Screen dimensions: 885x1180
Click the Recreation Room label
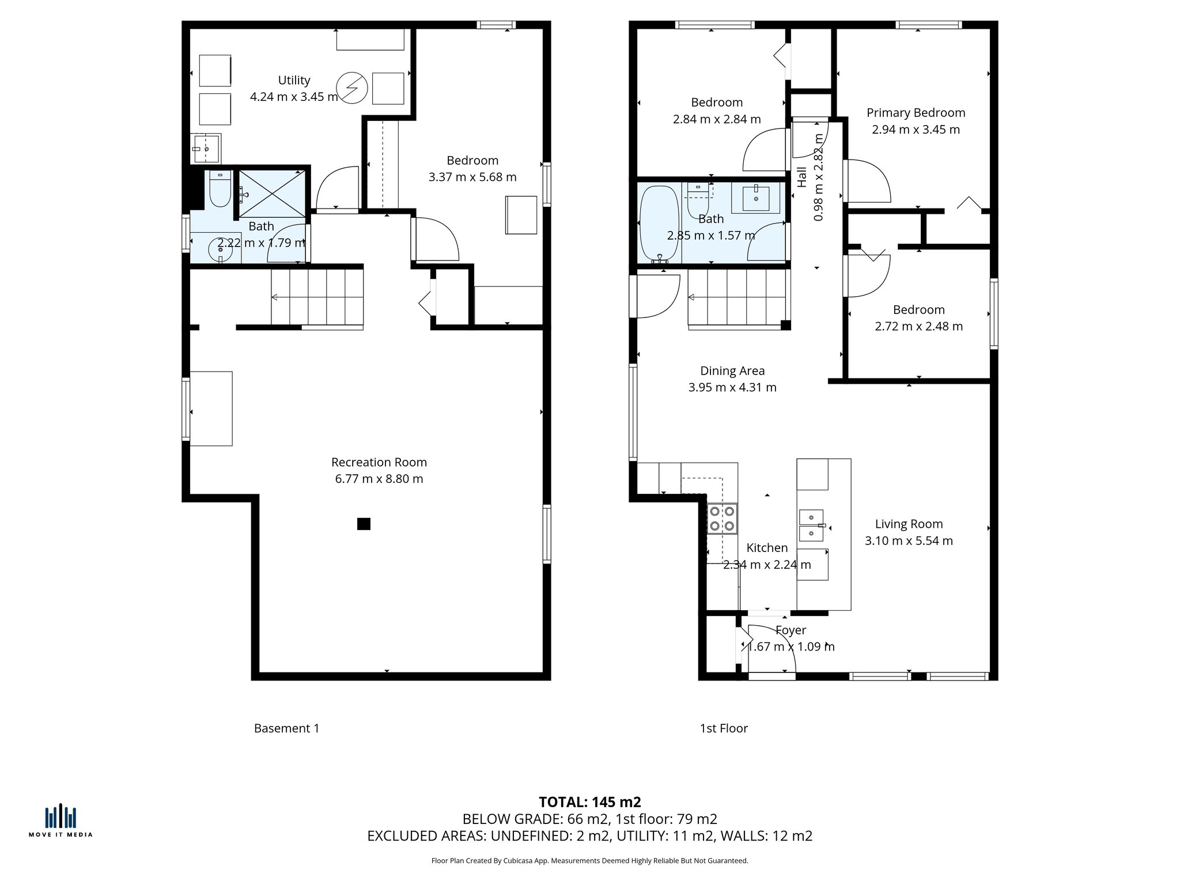[379, 462]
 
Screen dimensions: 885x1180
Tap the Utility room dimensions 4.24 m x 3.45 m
[294, 97]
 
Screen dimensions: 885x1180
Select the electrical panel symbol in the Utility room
[351, 88]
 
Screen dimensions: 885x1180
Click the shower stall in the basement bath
[272, 193]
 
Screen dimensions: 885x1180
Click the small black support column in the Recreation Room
[364, 524]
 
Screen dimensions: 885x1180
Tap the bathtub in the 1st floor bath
[660, 224]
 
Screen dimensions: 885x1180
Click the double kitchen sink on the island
[811, 525]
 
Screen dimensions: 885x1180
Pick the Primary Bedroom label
[916, 113]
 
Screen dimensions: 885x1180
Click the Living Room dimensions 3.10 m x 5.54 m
[909, 540]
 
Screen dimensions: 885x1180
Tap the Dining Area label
[732, 371]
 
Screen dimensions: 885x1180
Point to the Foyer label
[791, 630]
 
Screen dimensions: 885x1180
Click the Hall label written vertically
[802, 177]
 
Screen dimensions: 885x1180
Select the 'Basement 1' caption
[286, 728]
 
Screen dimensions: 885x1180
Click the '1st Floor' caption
[724, 728]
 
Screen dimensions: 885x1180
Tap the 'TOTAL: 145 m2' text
[589, 802]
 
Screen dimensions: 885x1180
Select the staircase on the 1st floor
[737, 299]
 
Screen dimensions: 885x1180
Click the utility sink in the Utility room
[205, 149]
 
